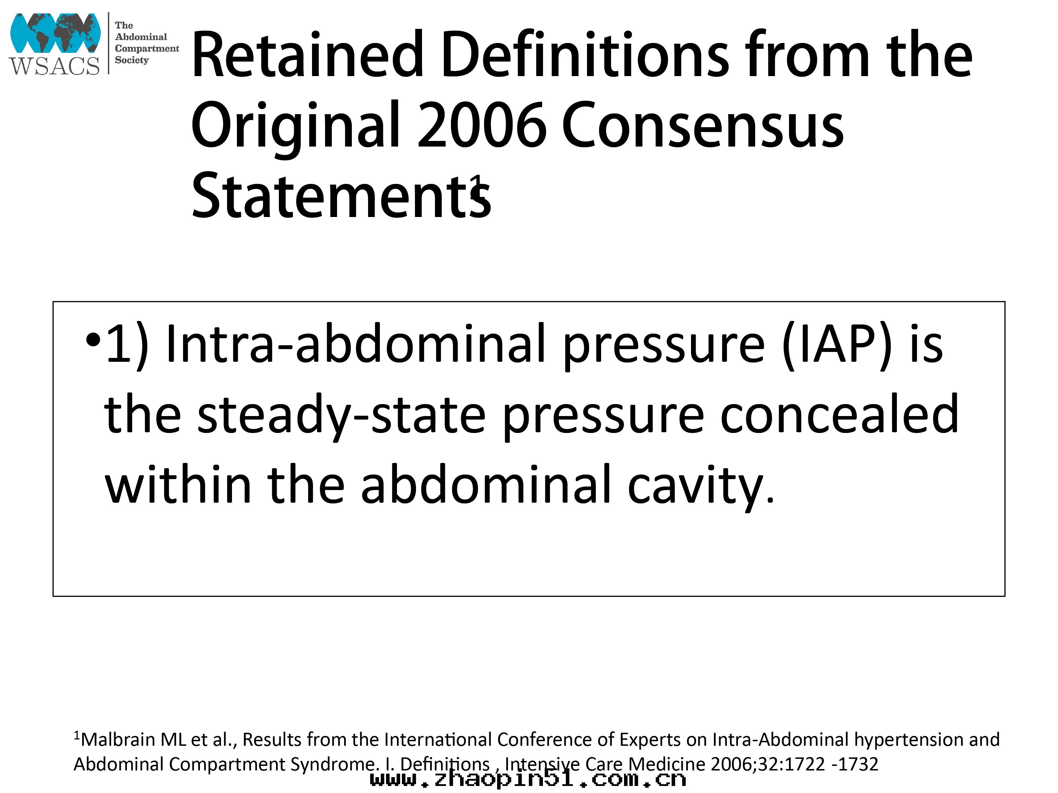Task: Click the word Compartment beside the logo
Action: [x=147, y=48]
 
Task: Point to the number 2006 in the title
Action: [x=482, y=125]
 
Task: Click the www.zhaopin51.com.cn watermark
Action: [x=528, y=779]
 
